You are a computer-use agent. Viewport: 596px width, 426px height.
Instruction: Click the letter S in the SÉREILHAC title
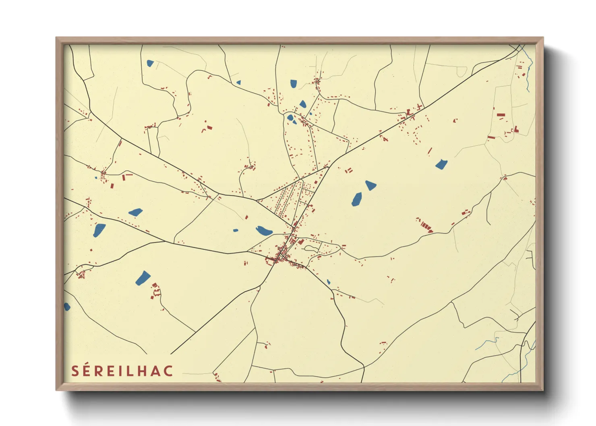75,371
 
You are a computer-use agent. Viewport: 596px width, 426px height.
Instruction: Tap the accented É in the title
87,370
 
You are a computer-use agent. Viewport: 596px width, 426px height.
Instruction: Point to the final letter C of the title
168,371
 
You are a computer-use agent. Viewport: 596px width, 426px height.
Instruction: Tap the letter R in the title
99,371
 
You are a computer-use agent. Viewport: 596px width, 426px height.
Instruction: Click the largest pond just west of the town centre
264,230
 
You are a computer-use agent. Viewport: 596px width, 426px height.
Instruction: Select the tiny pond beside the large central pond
236,231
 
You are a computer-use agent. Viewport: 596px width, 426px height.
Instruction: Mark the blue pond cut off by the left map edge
66,307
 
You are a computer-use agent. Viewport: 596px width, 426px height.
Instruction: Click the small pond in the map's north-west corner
150,63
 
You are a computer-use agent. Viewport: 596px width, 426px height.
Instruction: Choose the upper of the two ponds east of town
370,185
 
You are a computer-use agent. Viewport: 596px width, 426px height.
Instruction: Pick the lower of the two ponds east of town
356,199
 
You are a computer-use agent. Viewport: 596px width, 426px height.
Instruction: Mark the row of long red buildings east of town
424,225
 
